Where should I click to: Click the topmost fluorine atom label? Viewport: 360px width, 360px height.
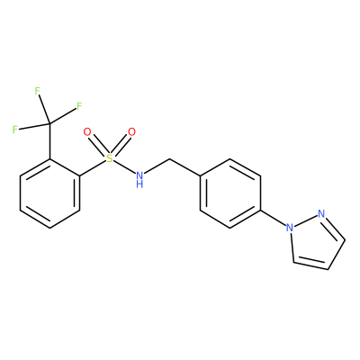click(38, 91)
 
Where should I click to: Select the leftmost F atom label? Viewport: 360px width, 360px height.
click(15, 130)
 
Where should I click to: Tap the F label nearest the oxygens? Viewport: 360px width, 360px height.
click(79, 106)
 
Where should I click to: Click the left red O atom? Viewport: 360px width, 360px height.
click(87, 132)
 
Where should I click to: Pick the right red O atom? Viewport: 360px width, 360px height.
click(131, 132)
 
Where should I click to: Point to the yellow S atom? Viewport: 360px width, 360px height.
click(110, 158)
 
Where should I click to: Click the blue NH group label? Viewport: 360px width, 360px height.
click(139, 179)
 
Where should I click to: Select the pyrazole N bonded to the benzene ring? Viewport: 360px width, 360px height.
click(290, 228)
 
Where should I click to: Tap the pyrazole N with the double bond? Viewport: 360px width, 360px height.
click(321, 214)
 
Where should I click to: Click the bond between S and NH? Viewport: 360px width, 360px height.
click(124, 166)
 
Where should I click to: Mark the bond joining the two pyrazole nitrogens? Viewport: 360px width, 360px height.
click(305, 220)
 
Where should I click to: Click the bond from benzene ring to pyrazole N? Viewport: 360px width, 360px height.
click(273, 218)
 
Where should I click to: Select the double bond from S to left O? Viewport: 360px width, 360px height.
click(98, 146)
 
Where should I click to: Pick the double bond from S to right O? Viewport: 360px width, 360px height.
click(121, 146)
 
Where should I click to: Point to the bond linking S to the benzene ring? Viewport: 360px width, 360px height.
click(93, 168)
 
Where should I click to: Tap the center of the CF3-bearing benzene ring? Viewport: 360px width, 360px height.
click(49, 193)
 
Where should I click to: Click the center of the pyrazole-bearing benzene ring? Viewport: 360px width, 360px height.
click(230, 193)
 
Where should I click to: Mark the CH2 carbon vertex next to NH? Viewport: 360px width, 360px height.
click(170, 158)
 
